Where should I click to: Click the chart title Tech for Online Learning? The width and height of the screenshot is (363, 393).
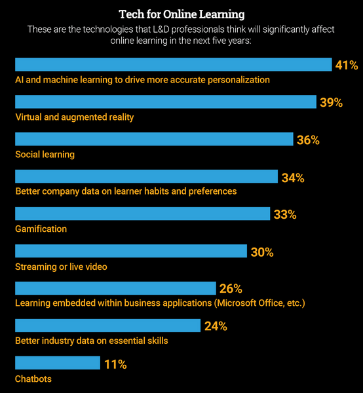[181, 14]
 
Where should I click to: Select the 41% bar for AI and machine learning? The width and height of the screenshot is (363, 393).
[173, 64]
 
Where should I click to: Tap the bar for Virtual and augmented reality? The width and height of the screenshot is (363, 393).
[165, 102]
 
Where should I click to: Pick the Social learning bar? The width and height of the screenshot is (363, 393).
[153, 139]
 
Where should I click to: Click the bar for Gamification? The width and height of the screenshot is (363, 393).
[142, 214]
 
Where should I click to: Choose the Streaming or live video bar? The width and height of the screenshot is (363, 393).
[130, 251]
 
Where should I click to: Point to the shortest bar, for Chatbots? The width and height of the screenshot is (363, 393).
[57, 363]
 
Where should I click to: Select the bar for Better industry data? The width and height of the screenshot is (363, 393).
[107, 326]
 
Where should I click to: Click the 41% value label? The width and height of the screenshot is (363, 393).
[347, 65]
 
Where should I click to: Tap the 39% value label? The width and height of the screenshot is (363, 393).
[331, 102]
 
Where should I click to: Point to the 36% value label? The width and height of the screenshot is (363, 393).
[307, 140]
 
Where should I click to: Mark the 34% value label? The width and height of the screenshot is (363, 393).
[292, 177]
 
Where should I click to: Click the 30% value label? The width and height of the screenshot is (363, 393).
[261, 252]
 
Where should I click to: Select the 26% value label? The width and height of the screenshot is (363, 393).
[231, 289]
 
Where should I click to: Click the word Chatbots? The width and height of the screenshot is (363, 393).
[33, 379]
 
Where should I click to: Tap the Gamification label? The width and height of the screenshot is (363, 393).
[41, 229]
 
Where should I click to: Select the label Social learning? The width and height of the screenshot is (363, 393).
[45, 155]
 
